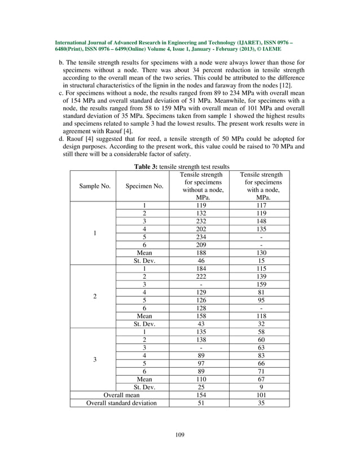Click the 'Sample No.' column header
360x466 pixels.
click(95, 186)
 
